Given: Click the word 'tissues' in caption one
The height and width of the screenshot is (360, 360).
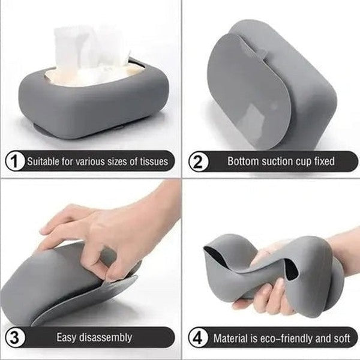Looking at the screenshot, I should coord(154,161).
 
